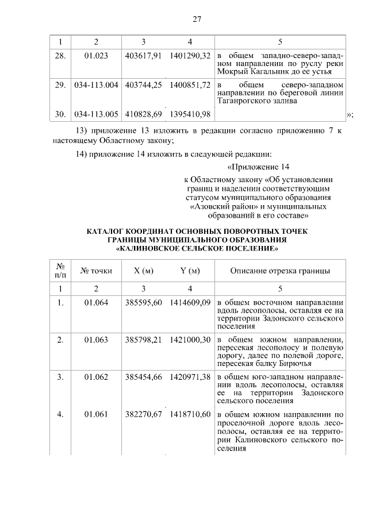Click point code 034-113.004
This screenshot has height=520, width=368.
(x=96, y=85)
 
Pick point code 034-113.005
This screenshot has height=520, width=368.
(x=96, y=114)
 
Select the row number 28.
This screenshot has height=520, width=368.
(x=60, y=55)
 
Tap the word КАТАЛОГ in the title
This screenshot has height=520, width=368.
(x=108, y=232)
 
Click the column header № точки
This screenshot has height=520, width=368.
(x=96, y=271)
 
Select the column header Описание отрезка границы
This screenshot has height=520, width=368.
(x=280, y=271)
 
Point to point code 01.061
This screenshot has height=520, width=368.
(x=96, y=414)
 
